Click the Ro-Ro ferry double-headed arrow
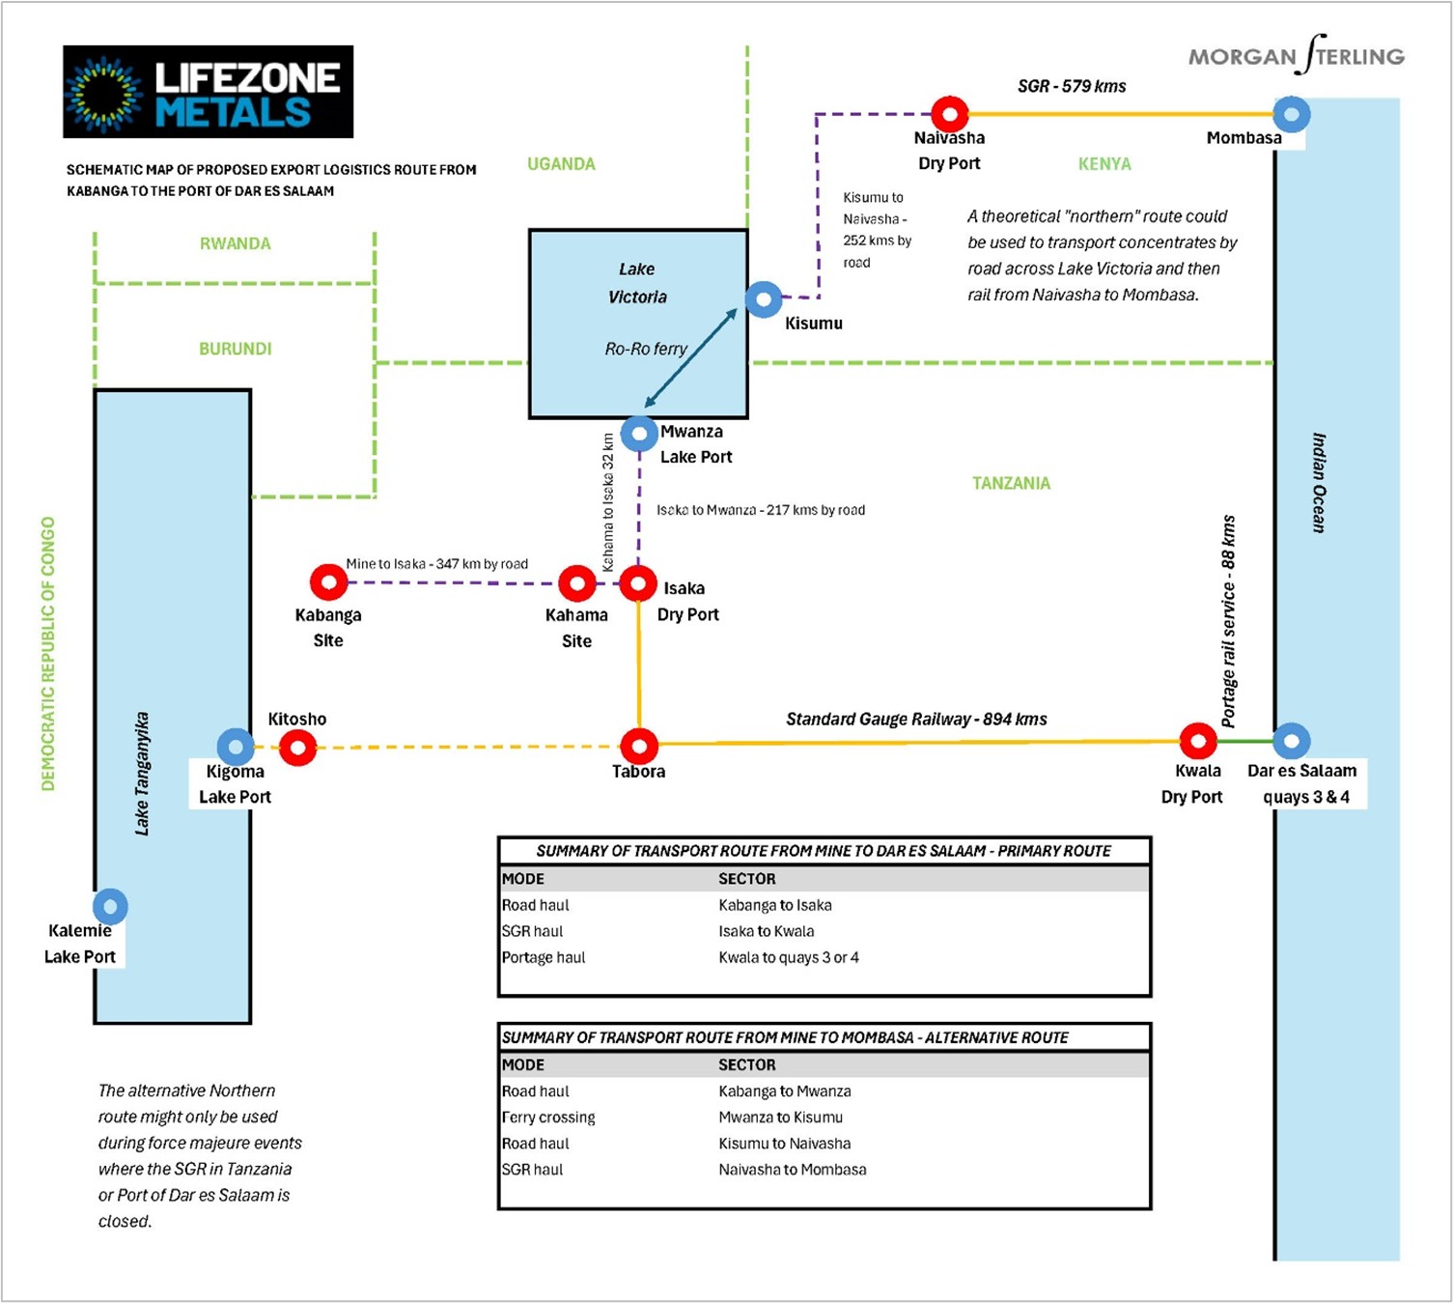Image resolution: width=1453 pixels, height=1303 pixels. coord(690,358)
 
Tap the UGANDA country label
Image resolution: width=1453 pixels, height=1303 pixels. coord(561,164)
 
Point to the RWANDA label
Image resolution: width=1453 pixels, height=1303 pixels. coord(236,244)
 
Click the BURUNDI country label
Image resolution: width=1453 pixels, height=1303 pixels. coord(236,350)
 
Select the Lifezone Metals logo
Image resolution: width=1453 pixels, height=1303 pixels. coord(208,92)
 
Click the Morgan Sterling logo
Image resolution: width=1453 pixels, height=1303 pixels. coord(1297,54)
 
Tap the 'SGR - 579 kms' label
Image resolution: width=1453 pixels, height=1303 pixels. coord(1072,86)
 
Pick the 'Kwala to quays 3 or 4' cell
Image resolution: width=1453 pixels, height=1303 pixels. coord(788,957)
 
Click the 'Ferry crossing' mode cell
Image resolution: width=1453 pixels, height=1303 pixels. coord(548,1118)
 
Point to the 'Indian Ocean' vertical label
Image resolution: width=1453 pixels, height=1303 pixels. coord(1318,483)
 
